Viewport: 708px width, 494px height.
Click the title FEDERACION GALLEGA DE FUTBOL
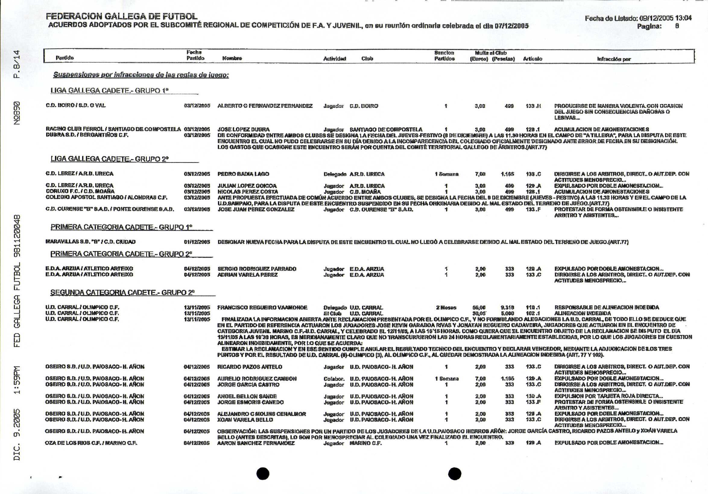click(122, 16)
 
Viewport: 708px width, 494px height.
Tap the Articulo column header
click(533, 58)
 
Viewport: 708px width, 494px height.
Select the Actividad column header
click(335, 58)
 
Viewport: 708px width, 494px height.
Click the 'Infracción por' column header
click(614, 59)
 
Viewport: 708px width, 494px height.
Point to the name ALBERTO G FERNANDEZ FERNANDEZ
click(265, 106)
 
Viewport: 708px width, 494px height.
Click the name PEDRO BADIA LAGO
click(243, 174)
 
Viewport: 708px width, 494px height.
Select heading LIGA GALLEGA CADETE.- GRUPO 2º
click(109, 159)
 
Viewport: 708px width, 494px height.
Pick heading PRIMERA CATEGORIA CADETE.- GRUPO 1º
click(121, 227)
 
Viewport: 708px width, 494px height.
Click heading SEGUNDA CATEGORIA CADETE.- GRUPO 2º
click(122, 292)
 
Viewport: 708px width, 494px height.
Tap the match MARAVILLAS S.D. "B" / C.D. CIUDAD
click(90, 242)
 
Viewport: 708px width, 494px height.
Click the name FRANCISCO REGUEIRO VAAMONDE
click(262, 308)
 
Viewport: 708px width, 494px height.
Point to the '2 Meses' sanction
click(446, 308)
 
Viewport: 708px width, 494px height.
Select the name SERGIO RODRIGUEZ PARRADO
click(257, 269)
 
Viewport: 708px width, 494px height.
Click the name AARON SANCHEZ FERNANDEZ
click(256, 443)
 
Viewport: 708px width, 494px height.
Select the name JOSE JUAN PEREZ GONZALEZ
click(256, 209)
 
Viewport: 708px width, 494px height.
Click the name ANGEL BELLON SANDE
click(247, 396)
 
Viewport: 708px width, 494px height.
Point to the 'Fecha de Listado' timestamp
click(638, 18)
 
